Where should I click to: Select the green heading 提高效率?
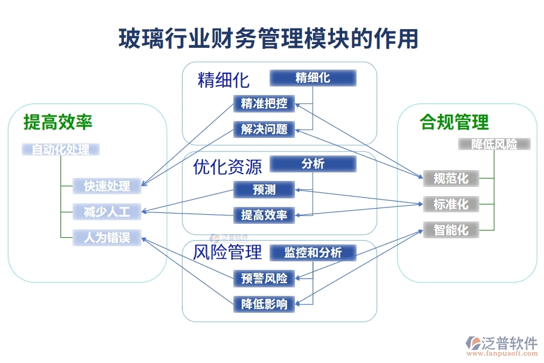58,123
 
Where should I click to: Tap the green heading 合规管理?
454,123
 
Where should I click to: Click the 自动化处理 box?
60,149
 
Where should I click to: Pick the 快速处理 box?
107,186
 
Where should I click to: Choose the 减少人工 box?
107,212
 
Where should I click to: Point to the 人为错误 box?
107,238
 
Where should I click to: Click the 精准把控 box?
264,103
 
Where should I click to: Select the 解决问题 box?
264,129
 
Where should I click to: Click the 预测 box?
264,190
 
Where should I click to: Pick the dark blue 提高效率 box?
264,215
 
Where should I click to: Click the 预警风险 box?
264,278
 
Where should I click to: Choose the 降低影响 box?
264,304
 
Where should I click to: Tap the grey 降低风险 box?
494,144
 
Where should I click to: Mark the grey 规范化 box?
451,178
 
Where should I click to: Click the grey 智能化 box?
451,230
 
